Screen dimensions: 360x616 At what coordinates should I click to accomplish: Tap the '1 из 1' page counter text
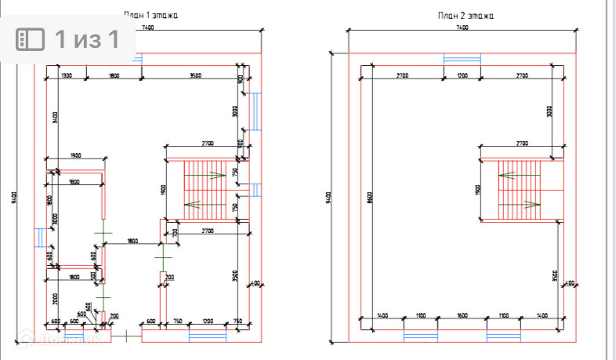(x=86, y=38)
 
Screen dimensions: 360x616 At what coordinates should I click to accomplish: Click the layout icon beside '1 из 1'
(x=32, y=39)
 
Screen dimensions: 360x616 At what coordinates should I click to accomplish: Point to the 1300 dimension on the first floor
(x=66, y=75)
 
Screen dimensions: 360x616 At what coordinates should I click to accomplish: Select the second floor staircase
(x=520, y=189)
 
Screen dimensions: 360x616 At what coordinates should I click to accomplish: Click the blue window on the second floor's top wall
(x=461, y=60)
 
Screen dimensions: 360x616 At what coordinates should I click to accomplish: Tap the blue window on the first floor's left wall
(x=38, y=237)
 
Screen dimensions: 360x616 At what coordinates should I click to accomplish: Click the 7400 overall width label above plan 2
(x=462, y=28)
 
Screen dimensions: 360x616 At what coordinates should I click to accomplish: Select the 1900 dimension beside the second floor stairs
(x=477, y=189)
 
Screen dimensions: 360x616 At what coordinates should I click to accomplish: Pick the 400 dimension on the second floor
(x=570, y=283)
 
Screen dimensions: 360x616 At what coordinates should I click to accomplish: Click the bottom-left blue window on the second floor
(x=420, y=336)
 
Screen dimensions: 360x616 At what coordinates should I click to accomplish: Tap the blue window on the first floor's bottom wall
(x=208, y=335)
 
